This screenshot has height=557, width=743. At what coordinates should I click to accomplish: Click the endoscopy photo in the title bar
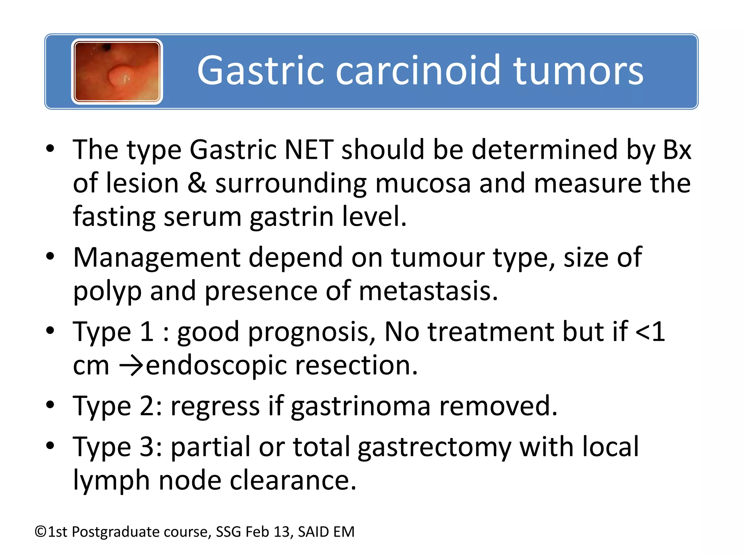[117, 71]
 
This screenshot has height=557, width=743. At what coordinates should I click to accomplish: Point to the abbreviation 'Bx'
[677, 149]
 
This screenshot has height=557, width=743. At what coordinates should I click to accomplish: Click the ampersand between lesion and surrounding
[197, 183]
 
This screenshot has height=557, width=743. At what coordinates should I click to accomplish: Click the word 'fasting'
[114, 216]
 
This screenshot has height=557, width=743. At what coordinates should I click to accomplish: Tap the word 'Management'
[157, 258]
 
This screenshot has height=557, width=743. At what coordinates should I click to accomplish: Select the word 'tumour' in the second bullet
[438, 258]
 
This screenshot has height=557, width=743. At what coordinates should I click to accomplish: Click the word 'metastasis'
[428, 291]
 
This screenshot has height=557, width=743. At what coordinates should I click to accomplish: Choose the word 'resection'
[356, 366]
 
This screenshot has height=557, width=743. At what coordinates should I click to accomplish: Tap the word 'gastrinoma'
[361, 407]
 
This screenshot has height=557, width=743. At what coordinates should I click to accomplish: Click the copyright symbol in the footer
[41, 532]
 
